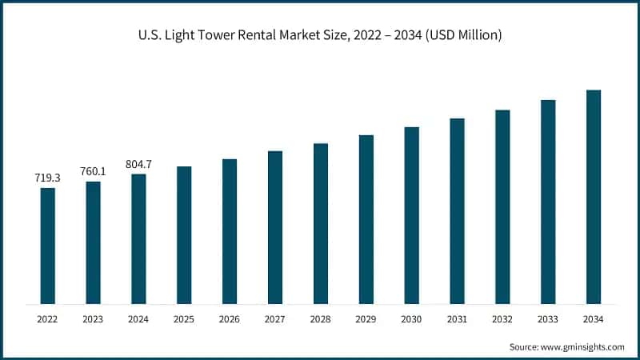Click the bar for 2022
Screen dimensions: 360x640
tap(48, 246)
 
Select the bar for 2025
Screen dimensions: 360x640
tap(184, 235)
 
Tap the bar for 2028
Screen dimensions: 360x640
tap(321, 224)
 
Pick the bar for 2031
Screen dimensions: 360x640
tap(457, 211)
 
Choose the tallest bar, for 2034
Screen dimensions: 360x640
tap(594, 197)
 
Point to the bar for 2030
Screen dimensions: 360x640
tap(411, 215)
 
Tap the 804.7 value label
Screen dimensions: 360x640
tap(138, 164)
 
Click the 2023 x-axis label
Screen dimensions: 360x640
tap(94, 319)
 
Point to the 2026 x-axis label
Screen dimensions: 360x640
tap(230, 319)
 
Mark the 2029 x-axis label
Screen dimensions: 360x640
tap(366, 319)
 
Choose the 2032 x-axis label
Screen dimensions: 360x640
tap(502, 319)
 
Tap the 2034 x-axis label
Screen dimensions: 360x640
tap(594, 319)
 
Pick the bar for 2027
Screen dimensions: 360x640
tap(275, 228)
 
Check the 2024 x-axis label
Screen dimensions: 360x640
tap(138, 319)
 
